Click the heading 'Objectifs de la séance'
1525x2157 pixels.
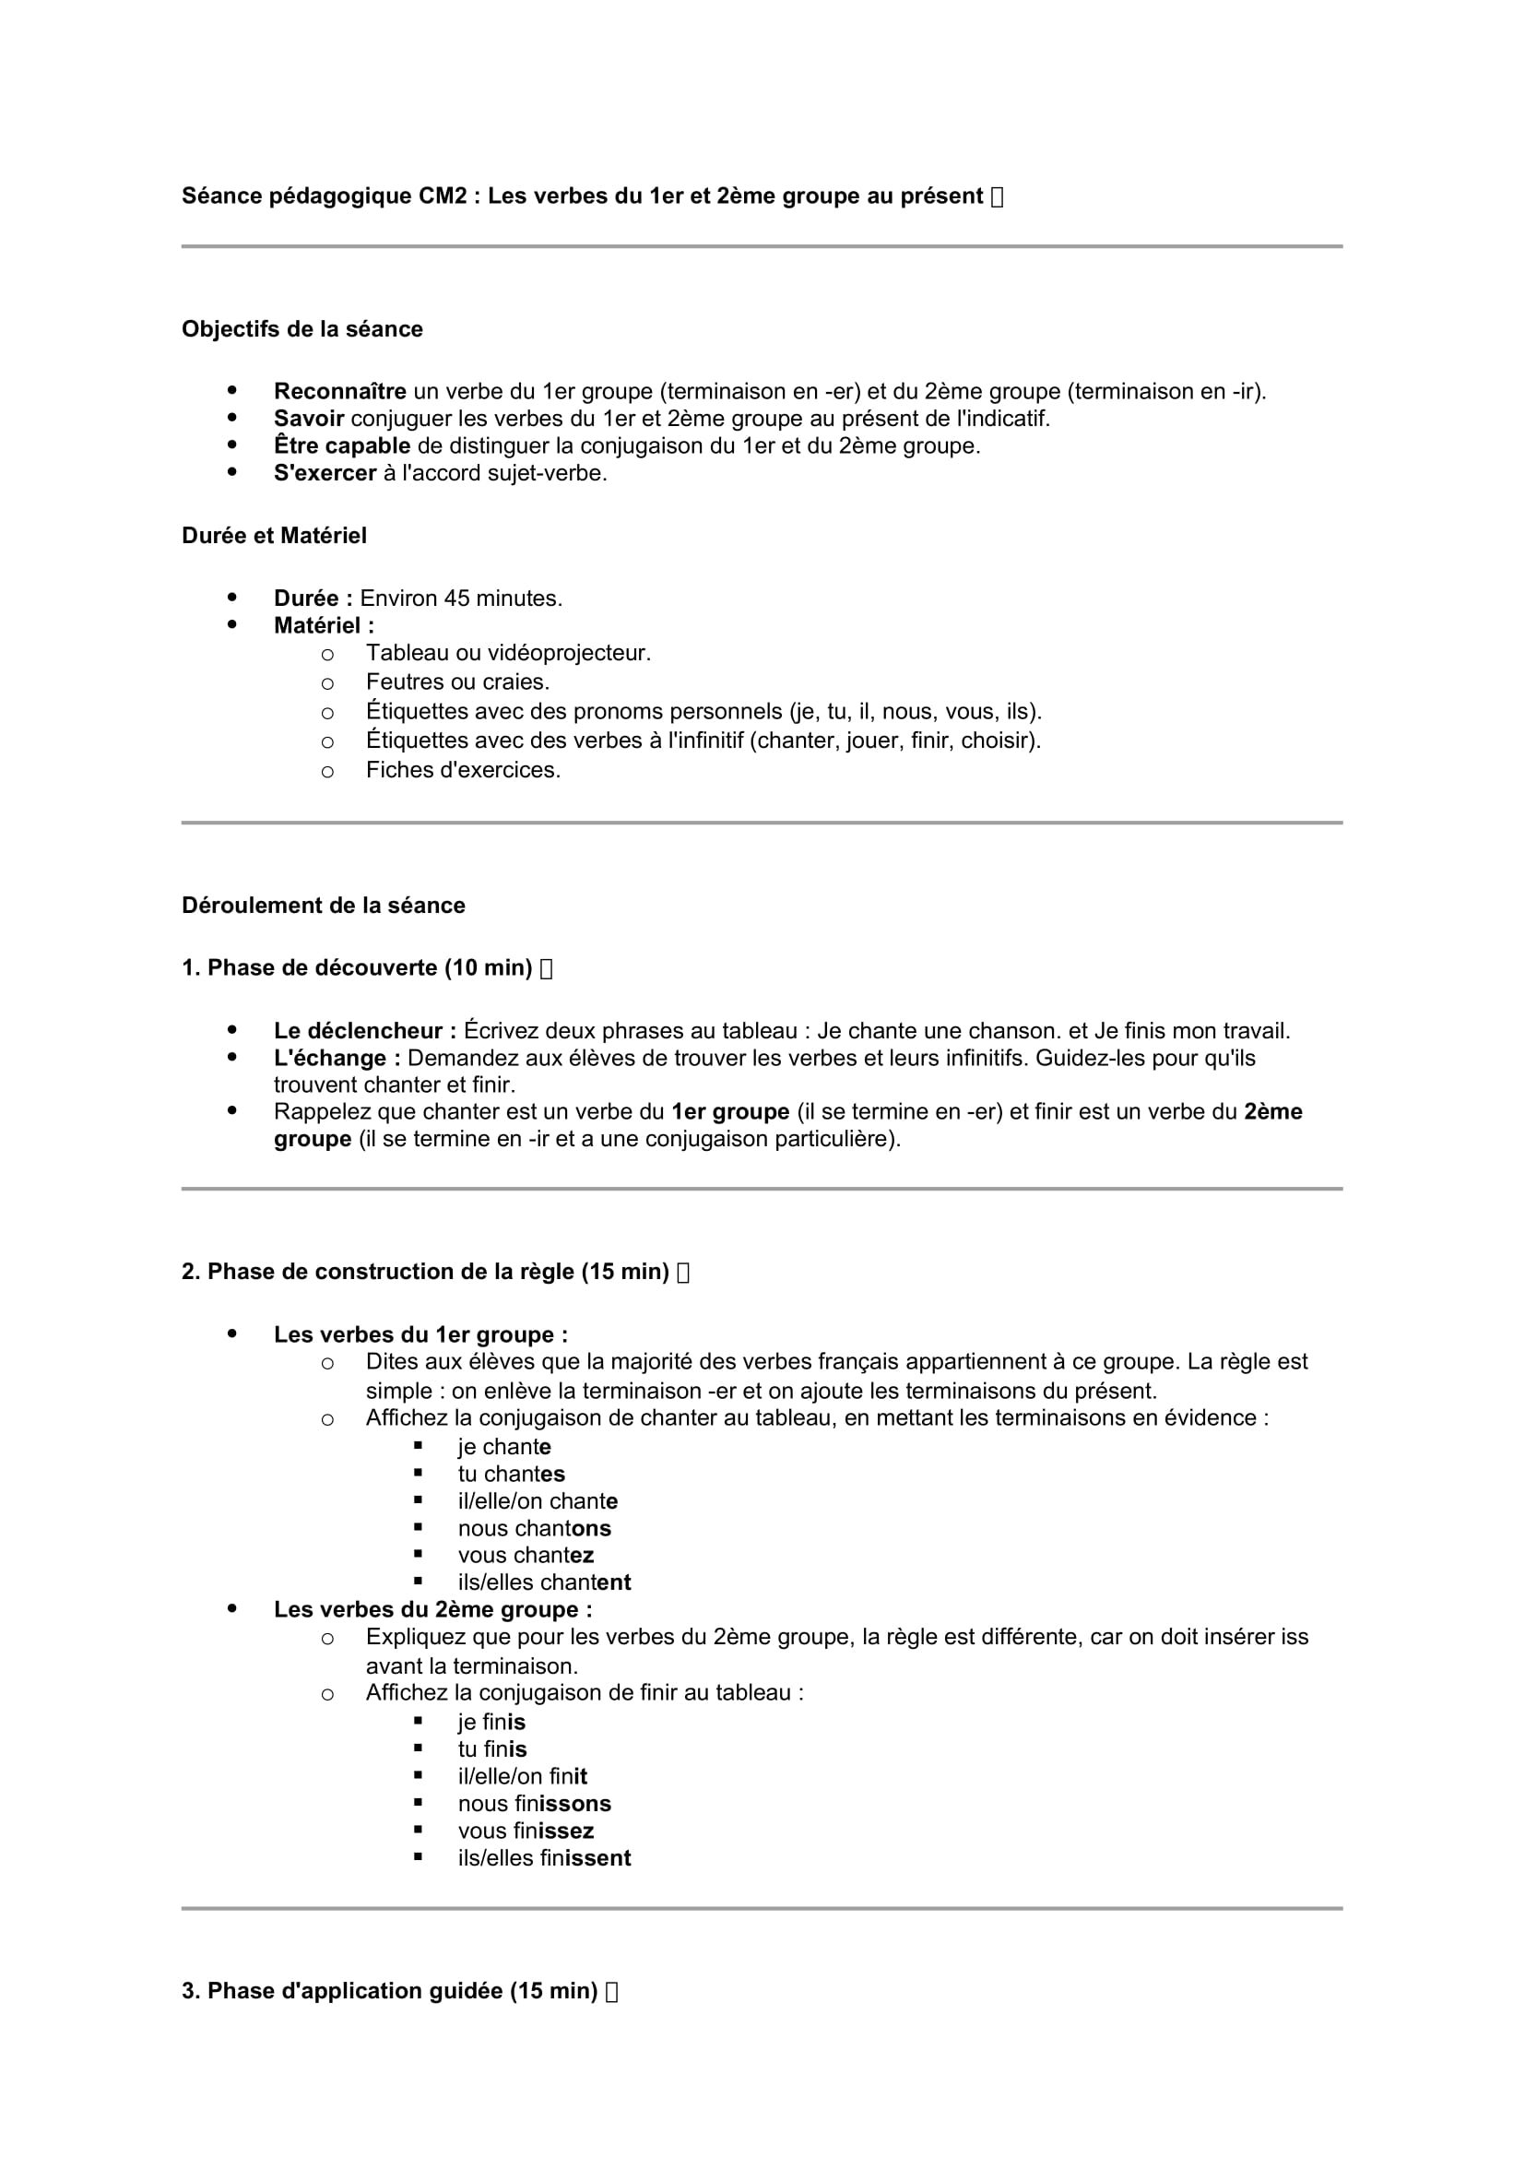pyautogui.click(x=301, y=329)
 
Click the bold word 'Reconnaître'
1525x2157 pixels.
pyautogui.click(x=340, y=392)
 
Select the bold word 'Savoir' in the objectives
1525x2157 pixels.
pyautogui.click(x=309, y=419)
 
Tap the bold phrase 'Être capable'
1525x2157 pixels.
pyautogui.click(x=342, y=446)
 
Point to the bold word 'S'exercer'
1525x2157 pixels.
pyautogui.click(x=325, y=473)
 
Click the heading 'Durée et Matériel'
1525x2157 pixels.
pyautogui.click(x=273, y=536)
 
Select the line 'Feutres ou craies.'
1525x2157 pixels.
pyautogui.click(x=457, y=682)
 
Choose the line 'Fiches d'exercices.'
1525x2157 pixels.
pyautogui.click(x=463, y=770)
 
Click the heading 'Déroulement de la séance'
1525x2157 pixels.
pyautogui.click(x=323, y=906)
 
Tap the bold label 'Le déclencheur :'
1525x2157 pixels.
pyautogui.click(x=364, y=1032)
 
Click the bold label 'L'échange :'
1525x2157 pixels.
pyautogui.click(x=337, y=1059)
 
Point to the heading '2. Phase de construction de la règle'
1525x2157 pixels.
pyautogui.click(x=424, y=1272)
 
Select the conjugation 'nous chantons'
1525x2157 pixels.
pyautogui.click(x=535, y=1528)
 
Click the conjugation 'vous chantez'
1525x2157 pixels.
pyautogui.click(x=526, y=1556)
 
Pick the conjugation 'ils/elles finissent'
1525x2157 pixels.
pyautogui.click(x=545, y=1858)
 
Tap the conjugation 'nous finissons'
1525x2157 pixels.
pyautogui.click(x=535, y=1804)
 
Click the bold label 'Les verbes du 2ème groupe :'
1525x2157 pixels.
pyautogui.click(x=433, y=1609)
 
